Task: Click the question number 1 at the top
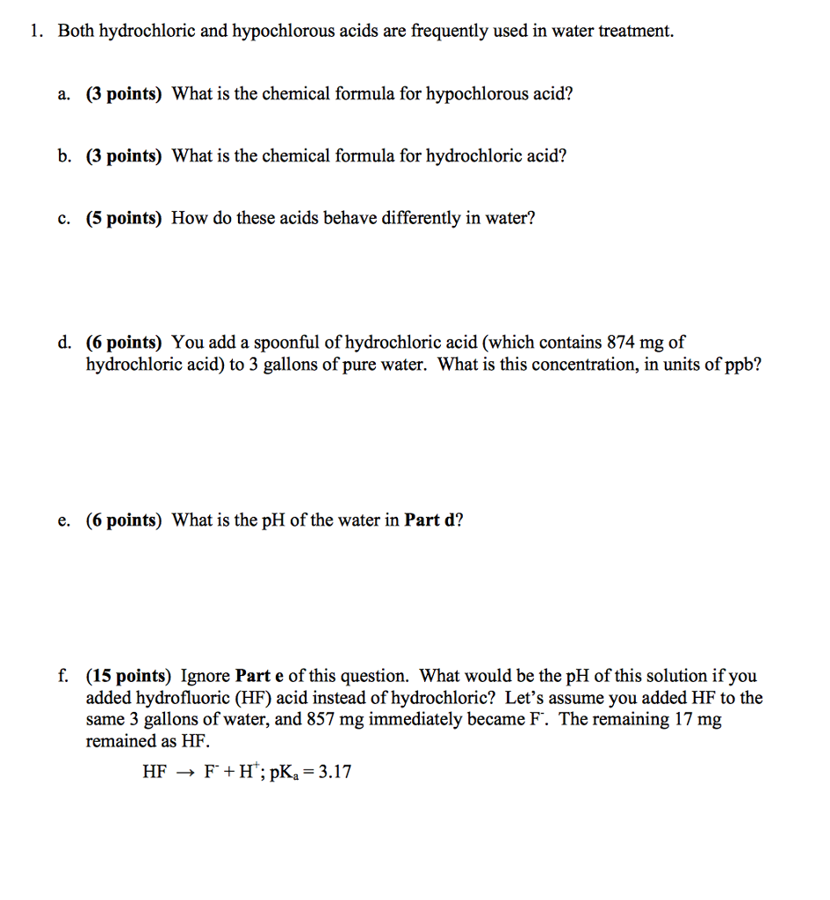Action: [33, 32]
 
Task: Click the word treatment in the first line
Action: [635, 32]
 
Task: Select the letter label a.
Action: [63, 94]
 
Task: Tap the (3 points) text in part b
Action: [124, 156]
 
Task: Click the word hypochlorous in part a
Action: [475, 94]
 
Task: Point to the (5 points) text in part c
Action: [124, 219]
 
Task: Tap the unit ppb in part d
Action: [745, 364]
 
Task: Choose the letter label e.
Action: [63, 520]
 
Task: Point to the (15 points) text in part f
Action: [128, 677]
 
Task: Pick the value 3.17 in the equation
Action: [335, 773]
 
